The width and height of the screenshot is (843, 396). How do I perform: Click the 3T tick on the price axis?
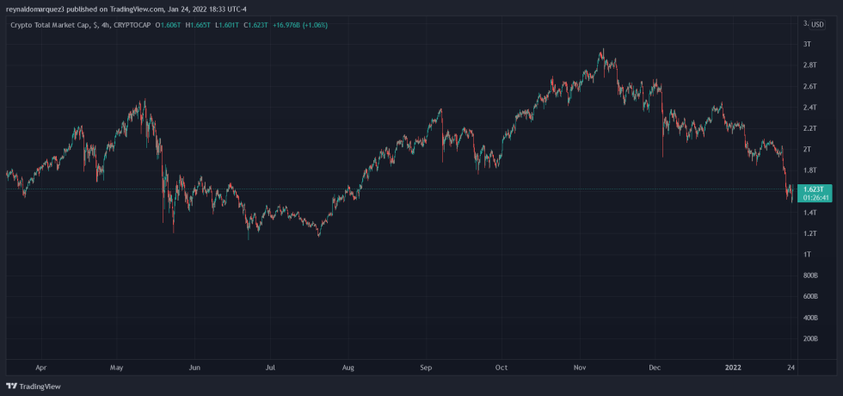coord(807,44)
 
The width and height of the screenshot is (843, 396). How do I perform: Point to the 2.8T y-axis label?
coord(809,65)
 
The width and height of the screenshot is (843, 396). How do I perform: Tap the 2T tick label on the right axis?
coord(807,149)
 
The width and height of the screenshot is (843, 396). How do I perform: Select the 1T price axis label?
coord(807,255)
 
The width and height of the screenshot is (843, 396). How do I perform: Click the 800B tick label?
coord(809,275)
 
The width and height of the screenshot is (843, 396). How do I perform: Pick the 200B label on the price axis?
coord(809,339)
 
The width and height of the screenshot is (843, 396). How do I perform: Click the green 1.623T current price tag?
coord(814,189)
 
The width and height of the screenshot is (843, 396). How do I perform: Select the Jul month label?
coord(271,368)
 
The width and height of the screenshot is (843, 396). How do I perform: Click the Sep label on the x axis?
coord(426,368)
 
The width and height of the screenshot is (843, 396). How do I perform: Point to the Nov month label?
coord(580,368)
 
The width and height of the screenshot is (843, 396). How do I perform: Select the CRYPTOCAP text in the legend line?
coord(132,25)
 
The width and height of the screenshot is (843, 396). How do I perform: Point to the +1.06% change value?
coord(312,25)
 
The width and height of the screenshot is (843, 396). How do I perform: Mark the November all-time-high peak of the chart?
coord(603,50)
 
